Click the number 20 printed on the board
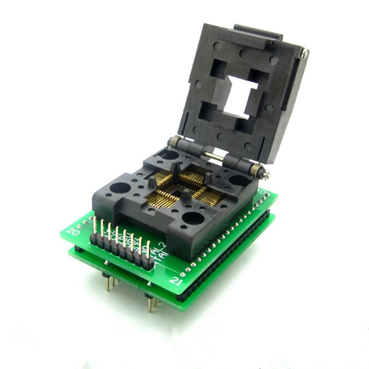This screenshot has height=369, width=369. click(73, 231)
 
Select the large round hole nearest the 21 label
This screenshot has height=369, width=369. click(193, 218)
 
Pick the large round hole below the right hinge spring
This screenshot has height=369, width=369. click(239, 180)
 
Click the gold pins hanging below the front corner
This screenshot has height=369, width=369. click(150, 301)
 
